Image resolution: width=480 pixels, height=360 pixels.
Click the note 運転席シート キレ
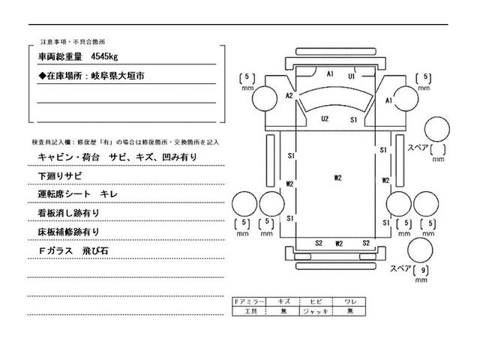82,194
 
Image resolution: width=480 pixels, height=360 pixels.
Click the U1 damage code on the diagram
350,76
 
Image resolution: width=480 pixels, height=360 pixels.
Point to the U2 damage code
325,118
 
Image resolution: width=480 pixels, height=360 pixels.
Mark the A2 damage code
289,95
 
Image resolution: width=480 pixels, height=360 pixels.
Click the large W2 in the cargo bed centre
338,178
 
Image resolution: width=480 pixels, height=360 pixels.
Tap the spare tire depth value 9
424,270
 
